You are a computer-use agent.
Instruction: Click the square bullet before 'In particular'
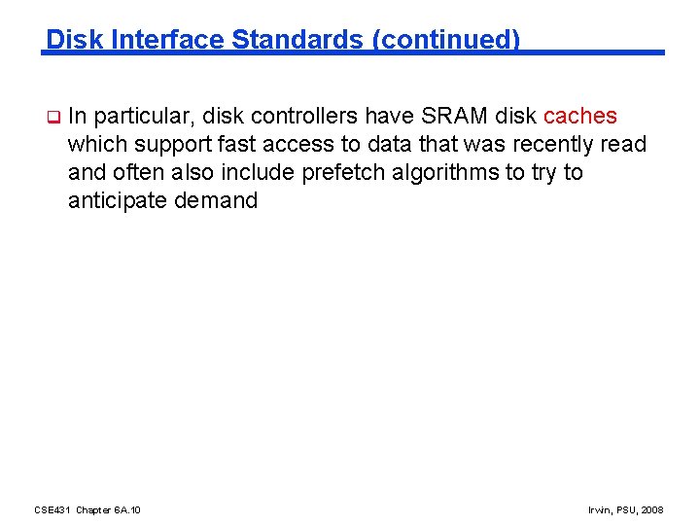click(x=54, y=118)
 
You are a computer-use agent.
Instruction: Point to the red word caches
click(x=579, y=117)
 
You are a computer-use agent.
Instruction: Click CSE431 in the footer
click(x=52, y=509)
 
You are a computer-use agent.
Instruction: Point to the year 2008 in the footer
click(x=652, y=509)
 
